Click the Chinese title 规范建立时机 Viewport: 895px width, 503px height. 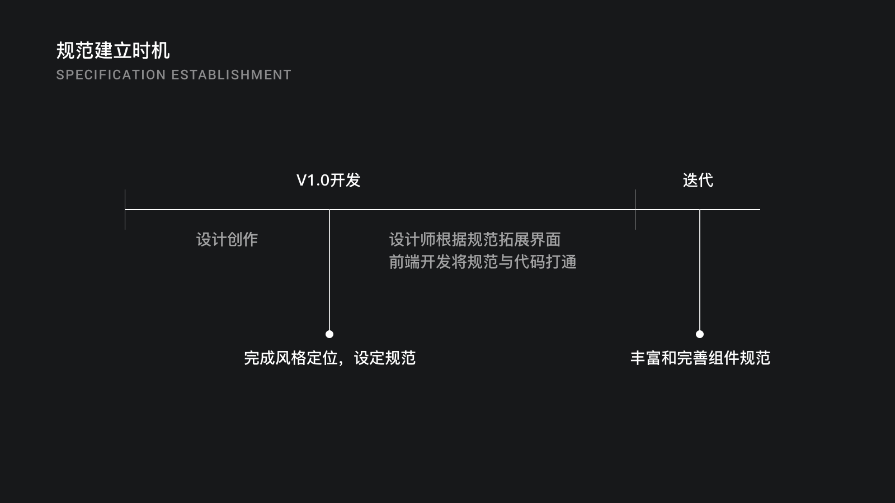113,51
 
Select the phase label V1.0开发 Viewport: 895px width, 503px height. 328,180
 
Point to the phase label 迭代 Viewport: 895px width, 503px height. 698,180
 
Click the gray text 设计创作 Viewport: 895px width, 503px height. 227,240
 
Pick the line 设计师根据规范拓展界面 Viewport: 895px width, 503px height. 474,240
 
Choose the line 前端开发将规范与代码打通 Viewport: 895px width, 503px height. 482,262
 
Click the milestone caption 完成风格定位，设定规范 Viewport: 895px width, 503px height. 329,358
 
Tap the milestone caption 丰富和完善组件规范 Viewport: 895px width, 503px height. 700,358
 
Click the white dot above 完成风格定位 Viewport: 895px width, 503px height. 329,334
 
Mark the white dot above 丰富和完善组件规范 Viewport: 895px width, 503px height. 700,334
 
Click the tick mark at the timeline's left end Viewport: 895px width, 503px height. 125,210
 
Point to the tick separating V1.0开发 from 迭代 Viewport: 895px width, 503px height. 635,210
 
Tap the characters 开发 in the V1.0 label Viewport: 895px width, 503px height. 345,180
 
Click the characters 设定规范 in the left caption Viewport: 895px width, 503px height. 385,358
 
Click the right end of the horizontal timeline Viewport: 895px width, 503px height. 759,210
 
